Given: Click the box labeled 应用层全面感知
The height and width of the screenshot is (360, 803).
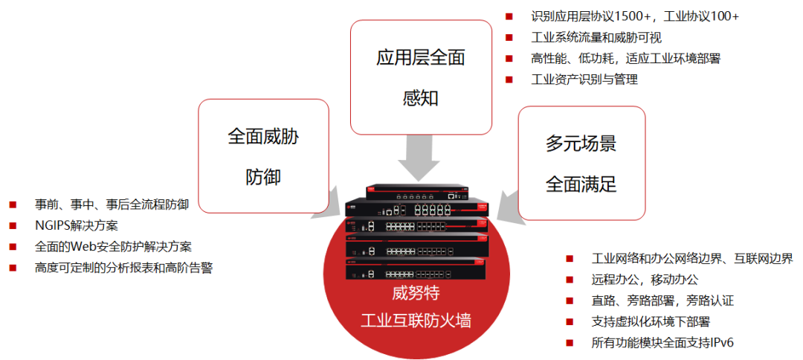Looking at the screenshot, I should pyautogui.click(x=421, y=77).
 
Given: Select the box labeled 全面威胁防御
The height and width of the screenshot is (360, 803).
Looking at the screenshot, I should pyautogui.click(x=263, y=155).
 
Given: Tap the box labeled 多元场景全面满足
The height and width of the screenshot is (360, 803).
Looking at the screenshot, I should pyautogui.click(x=581, y=163).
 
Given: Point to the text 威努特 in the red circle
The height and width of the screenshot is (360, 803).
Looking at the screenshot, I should pyautogui.click(x=416, y=293).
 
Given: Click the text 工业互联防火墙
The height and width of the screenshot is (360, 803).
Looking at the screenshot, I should pyautogui.click(x=416, y=321).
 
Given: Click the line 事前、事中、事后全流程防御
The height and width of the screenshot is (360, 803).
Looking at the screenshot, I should pyautogui.click(x=112, y=204).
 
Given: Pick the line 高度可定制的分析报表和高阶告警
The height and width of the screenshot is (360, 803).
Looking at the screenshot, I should pyautogui.click(x=123, y=268).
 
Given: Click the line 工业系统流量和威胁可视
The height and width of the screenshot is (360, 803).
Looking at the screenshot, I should pyautogui.click(x=596, y=37).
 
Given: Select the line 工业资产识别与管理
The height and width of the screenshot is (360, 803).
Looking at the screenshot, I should pyautogui.click(x=584, y=79).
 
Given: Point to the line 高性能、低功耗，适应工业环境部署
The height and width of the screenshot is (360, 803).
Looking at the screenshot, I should pyautogui.click(x=625, y=58).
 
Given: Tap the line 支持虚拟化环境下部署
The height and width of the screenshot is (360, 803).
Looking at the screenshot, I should pyautogui.click(x=651, y=321).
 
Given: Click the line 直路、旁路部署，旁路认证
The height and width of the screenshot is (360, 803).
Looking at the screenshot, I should pyautogui.click(x=662, y=300).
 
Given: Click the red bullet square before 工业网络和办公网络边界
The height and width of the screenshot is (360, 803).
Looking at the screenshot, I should pyautogui.click(x=570, y=259).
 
